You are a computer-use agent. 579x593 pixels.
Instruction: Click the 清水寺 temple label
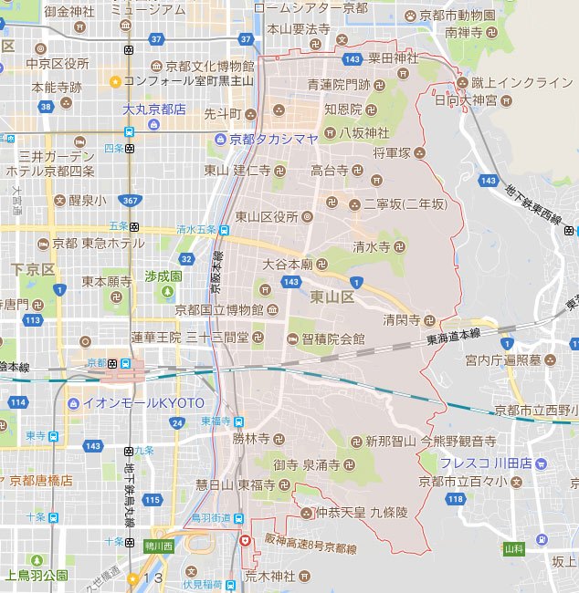373,246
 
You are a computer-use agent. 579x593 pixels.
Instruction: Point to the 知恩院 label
343,109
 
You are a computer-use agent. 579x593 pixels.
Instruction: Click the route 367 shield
131,200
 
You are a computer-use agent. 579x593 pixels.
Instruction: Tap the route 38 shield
46,106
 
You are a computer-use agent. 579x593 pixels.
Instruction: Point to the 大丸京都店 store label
154,109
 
